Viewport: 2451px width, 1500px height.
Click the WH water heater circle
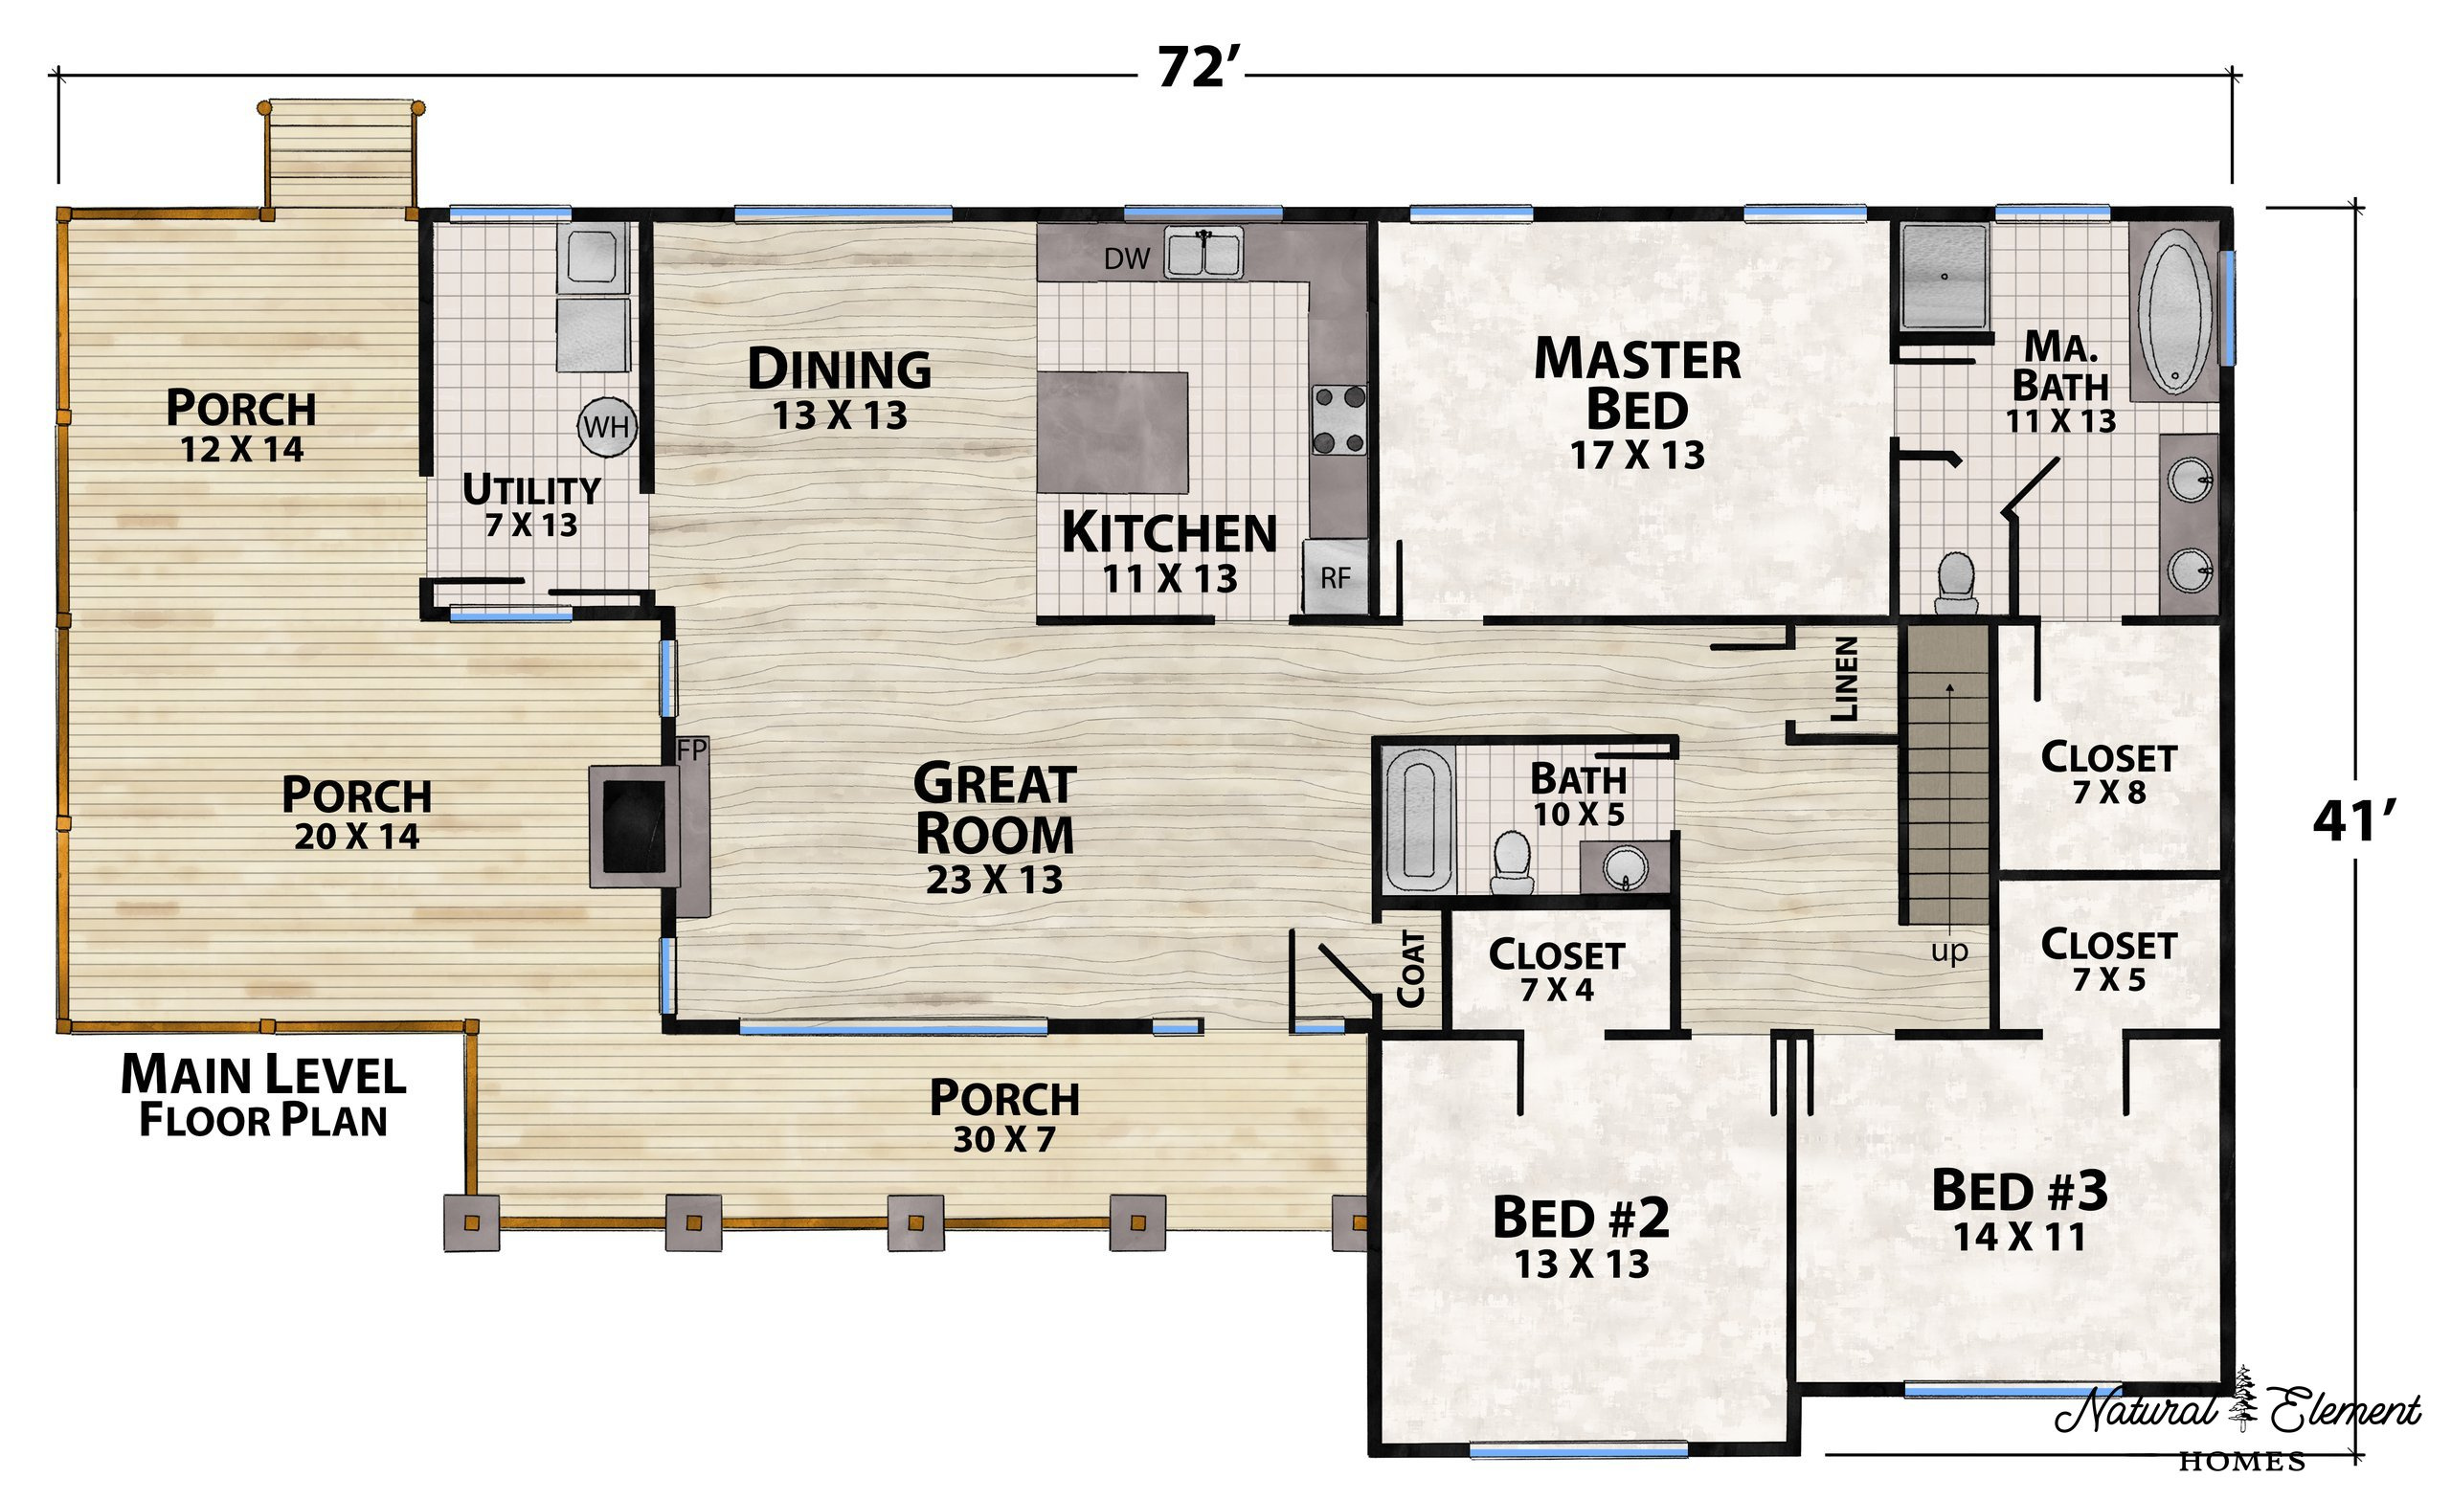pos(607,427)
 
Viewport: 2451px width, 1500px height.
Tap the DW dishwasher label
pos(1127,258)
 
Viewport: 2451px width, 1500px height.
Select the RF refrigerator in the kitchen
pos(1336,577)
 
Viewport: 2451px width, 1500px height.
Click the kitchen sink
pos(1204,253)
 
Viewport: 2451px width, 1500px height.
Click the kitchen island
pos(1113,433)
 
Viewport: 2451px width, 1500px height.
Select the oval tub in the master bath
pos(2175,310)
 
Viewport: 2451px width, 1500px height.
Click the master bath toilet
pos(1957,583)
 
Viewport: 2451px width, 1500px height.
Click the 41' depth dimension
pos(2353,821)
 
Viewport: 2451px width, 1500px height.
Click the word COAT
pos(1411,968)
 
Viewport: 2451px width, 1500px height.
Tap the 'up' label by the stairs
pos(1949,951)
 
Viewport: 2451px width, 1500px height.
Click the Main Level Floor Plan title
pos(263,1095)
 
